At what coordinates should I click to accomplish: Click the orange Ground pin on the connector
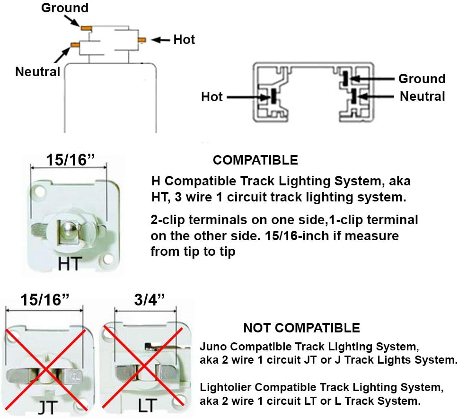(x=86, y=28)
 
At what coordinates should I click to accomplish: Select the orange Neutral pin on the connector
(x=75, y=45)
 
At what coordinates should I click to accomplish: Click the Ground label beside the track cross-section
(x=422, y=78)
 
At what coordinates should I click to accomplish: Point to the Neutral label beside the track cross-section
(x=422, y=96)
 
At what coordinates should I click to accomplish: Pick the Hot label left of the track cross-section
(x=211, y=97)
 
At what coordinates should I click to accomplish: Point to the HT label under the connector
(x=69, y=264)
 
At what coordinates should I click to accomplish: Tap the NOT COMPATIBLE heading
(x=301, y=328)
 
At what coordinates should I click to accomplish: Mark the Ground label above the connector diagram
(x=65, y=8)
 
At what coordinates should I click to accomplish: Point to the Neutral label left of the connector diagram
(x=38, y=72)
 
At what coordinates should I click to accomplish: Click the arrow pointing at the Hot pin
(x=161, y=40)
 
